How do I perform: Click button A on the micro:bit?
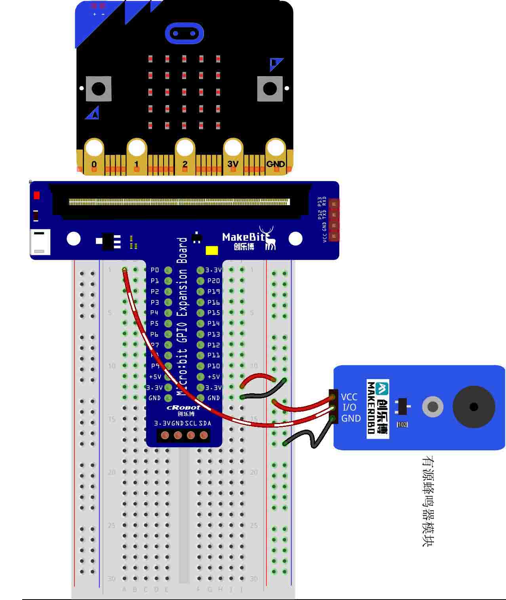tap(98, 89)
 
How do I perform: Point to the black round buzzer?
tap(474, 407)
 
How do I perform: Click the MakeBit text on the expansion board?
tap(243, 237)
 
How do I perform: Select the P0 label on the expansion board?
tap(155, 270)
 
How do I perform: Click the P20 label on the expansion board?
tap(213, 281)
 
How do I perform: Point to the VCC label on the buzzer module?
tap(349, 397)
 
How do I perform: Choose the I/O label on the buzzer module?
tap(349, 407)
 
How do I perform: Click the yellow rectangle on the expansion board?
tap(212, 251)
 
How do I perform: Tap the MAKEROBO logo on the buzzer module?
tap(377, 409)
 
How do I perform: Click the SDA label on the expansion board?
tap(205, 423)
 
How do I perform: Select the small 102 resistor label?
tap(402, 425)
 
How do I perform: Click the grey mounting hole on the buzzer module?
tap(432, 407)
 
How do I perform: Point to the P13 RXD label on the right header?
tap(322, 202)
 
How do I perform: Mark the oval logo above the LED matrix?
tap(184, 33)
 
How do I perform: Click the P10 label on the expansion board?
tap(213, 366)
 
